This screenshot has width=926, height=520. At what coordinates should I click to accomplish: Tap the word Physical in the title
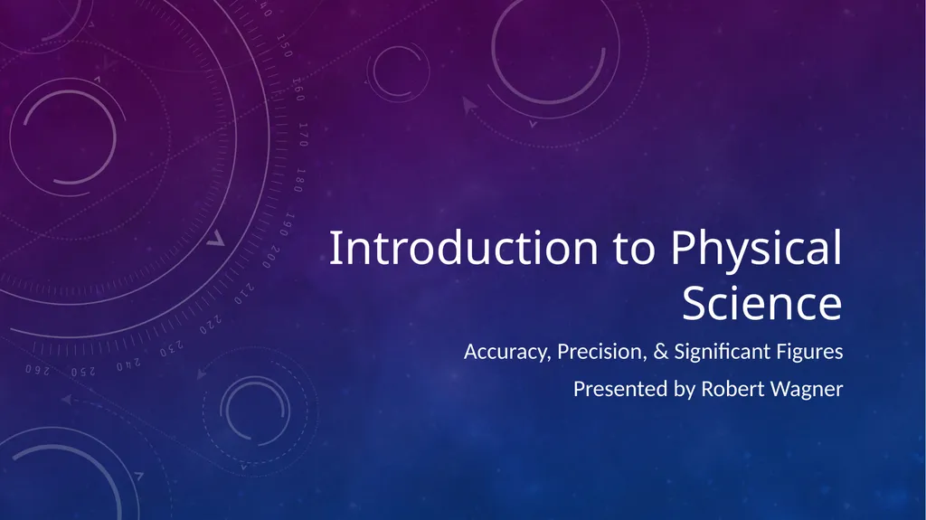click(756, 251)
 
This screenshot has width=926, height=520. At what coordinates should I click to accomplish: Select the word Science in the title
click(761, 305)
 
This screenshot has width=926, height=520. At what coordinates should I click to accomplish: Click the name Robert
click(732, 390)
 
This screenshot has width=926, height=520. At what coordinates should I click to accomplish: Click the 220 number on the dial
click(210, 322)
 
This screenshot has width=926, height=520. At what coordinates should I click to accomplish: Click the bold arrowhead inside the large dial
click(214, 240)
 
